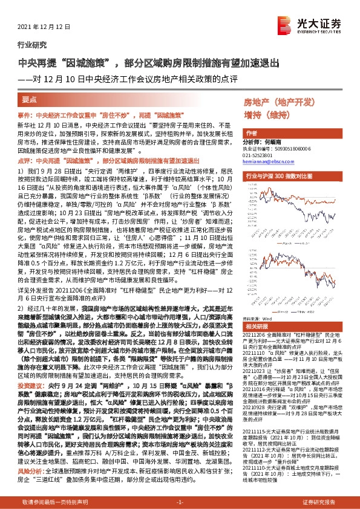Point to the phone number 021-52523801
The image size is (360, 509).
click(x=258, y=155)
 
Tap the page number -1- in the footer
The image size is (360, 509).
click(x=179, y=502)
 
